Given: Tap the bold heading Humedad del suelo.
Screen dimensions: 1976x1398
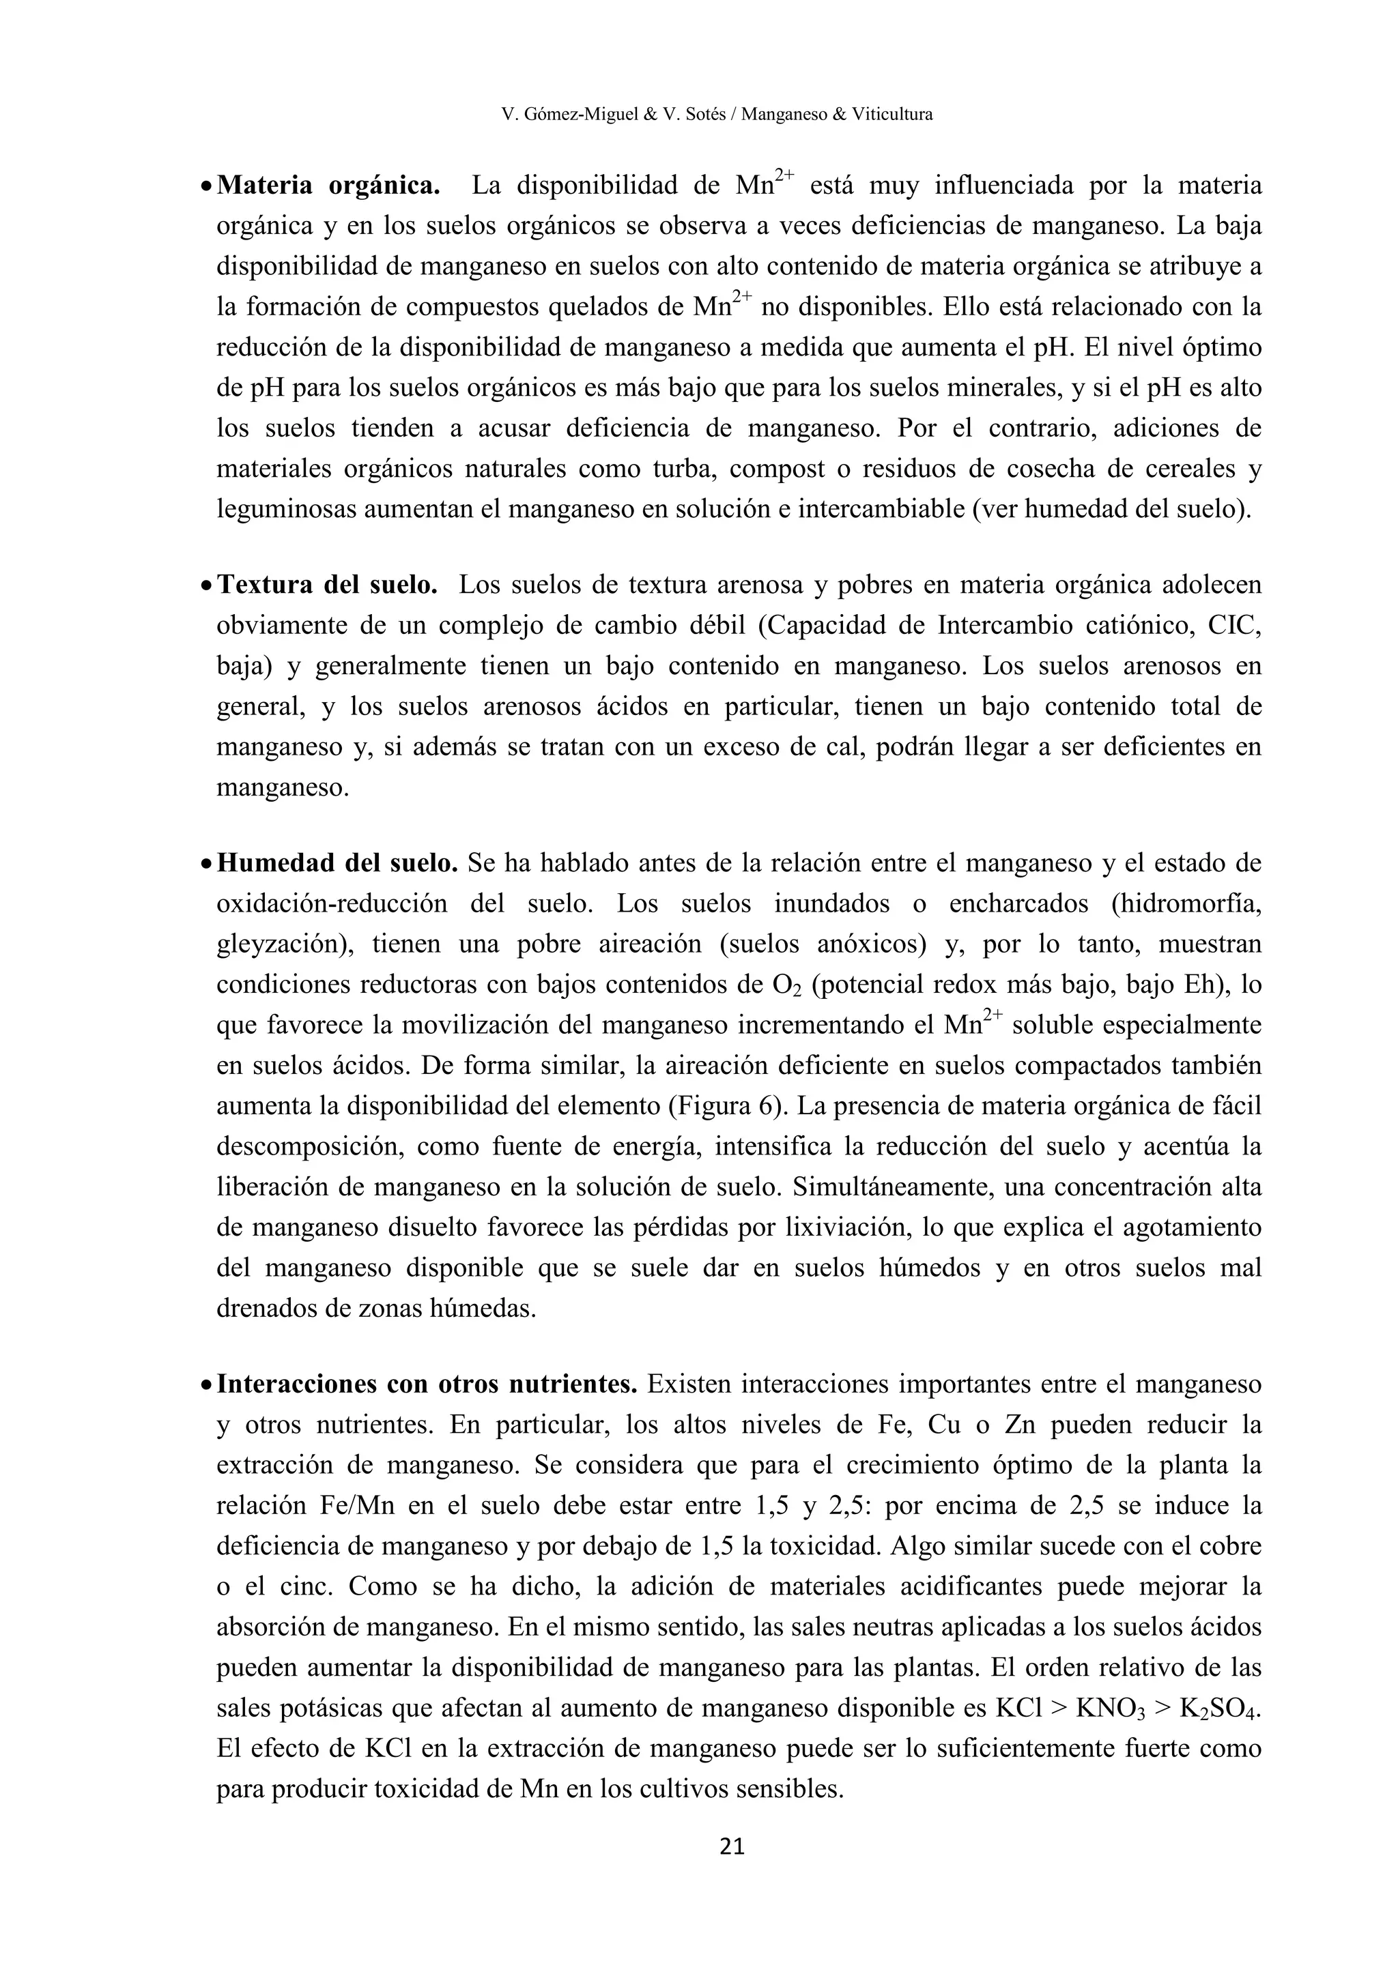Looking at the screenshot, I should pyautogui.click(x=337, y=862).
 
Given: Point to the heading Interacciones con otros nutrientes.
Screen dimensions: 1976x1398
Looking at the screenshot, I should pyautogui.click(x=426, y=1384).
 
